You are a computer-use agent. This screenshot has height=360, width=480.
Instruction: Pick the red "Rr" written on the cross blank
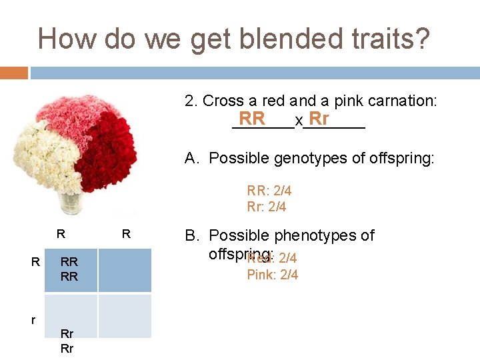point(319,119)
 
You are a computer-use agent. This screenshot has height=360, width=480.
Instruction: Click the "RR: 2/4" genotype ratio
point(269,191)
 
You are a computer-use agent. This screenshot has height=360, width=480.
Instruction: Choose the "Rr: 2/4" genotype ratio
point(266,207)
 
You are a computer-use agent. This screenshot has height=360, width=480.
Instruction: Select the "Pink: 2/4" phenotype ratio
point(272,275)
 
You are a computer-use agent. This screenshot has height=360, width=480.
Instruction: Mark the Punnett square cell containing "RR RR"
point(70,270)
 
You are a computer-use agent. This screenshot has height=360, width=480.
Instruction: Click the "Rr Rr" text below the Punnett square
point(67,341)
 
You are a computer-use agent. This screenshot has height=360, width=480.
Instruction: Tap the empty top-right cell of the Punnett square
point(125,270)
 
